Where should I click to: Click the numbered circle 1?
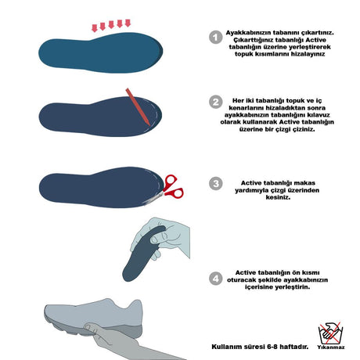(216, 38)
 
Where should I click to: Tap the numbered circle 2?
(216, 102)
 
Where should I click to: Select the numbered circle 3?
(216, 183)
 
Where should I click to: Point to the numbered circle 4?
(216, 279)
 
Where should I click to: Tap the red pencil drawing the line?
(138, 106)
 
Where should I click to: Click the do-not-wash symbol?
(330, 333)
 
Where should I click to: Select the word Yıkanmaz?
(331, 347)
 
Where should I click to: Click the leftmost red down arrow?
(95, 27)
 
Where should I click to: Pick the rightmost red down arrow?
(128, 23)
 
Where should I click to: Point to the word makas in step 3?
(304, 183)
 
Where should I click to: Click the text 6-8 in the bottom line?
(272, 347)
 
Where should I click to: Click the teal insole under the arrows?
(101, 52)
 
